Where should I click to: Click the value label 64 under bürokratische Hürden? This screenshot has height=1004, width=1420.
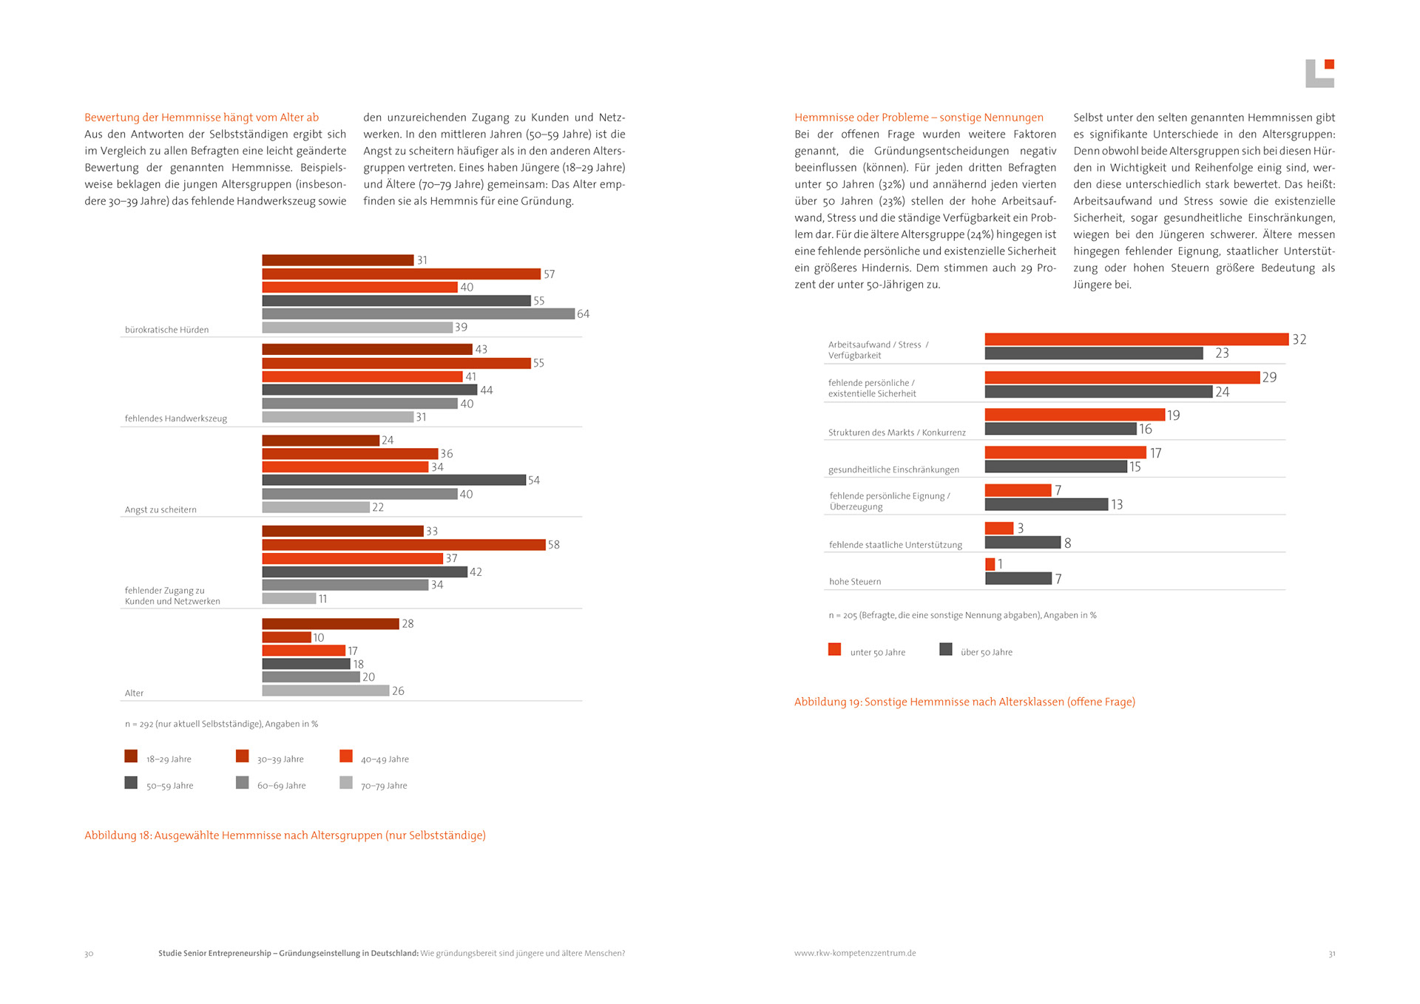click(x=583, y=314)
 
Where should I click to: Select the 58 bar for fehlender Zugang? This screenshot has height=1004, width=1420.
click(x=403, y=545)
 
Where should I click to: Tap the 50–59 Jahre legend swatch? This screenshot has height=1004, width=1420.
click(x=131, y=782)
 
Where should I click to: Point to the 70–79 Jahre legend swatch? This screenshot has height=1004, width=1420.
click(x=346, y=782)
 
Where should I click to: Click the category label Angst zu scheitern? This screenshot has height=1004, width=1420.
click(x=160, y=509)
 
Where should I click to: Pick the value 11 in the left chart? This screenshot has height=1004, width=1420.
click(x=322, y=599)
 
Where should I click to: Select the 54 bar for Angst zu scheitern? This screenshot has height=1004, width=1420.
click(x=393, y=480)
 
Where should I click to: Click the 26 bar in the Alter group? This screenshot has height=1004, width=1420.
click(x=325, y=691)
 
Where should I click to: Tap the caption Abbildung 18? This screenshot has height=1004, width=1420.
click(x=285, y=835)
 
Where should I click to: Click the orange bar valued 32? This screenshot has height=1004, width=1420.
click(x=1136, y=339)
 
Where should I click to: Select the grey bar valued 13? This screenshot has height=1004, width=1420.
click(x=1046, y=504)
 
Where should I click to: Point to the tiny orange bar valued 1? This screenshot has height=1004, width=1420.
click(x=990, y=564)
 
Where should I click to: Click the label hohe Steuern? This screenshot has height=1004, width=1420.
click(x=855, y=582)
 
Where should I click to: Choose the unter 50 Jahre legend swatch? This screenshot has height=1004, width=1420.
click(x=834, y=649)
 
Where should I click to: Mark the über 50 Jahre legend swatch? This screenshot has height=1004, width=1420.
click(x=945, y=649)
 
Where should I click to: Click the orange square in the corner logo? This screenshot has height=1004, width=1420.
click(x=1329, y=64)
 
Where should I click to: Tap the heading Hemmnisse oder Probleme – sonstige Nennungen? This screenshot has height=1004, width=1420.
click(x=919, y=118)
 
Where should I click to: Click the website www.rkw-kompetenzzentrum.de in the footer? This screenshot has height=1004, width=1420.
click(x=855, y=953)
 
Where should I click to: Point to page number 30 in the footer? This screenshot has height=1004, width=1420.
click(x=89, y=954)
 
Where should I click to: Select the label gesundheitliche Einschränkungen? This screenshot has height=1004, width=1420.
click(x=893, y=469)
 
